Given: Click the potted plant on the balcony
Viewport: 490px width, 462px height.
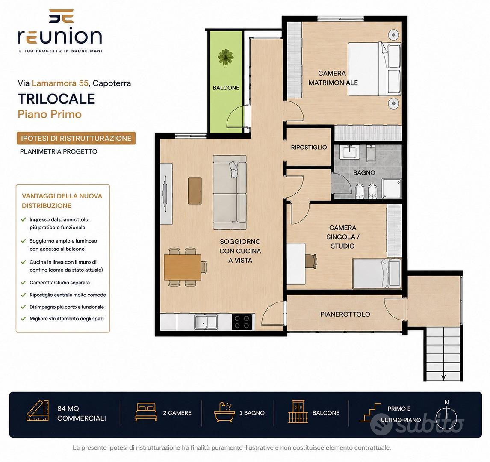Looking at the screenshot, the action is click(226, 57).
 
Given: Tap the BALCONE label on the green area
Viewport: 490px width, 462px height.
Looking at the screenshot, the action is click(226, 88).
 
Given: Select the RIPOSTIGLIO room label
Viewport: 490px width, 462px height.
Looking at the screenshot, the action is click(309, 148).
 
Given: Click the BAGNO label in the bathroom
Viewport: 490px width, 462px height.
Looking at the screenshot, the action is click(364, 172).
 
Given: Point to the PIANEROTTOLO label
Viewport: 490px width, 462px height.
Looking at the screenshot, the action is click(345, 314).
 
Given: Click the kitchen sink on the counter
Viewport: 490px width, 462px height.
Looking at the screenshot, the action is click(206, 322).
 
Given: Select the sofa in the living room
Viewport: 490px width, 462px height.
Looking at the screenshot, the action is click(230, 192).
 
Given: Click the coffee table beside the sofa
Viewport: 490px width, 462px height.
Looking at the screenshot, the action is click(195, 191).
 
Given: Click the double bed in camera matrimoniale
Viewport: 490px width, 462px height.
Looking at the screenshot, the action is click(375, 69).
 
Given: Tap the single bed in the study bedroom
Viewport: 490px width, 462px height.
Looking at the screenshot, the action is click(377, 273).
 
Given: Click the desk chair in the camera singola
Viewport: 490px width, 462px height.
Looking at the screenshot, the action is click(310, 261).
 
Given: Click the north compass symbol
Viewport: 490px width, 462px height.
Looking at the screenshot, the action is click(446, 416).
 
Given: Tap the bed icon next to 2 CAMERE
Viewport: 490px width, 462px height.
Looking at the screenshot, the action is click(146, 412).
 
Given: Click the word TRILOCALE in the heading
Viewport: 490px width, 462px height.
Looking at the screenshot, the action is click(56, 99).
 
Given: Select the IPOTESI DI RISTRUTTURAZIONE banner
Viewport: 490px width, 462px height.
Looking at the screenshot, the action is click(76, 138).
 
